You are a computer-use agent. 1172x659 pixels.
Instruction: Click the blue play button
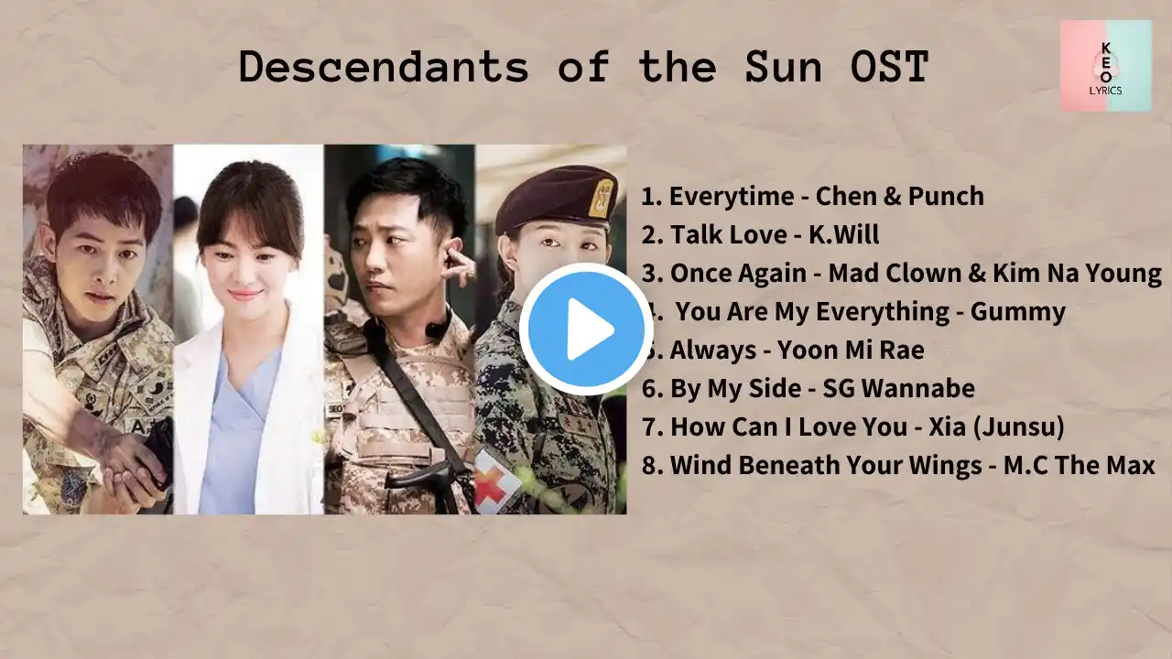(586, 329)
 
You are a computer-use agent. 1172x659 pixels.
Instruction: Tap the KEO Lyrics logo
(1105, 66)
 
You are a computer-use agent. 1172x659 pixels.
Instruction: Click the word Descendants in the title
(384, 67)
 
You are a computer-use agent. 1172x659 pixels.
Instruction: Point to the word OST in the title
(889, 67)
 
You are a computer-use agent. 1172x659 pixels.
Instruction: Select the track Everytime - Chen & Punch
(812, 196)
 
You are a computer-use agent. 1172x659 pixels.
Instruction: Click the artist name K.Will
(844, 234)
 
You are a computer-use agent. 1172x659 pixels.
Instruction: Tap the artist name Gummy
(1017, 312)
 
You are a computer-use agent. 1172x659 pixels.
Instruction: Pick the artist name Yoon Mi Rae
(851, 350)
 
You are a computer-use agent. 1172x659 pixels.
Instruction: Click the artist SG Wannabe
(899, 388)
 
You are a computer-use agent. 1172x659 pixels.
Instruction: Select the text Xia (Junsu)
(996, 427)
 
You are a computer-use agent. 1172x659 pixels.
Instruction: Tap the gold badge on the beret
(601, 198)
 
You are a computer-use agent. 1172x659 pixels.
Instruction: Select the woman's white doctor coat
(248, 413)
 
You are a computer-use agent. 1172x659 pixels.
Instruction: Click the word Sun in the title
(783, 67)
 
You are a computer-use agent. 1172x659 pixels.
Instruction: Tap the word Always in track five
(712, 350)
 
